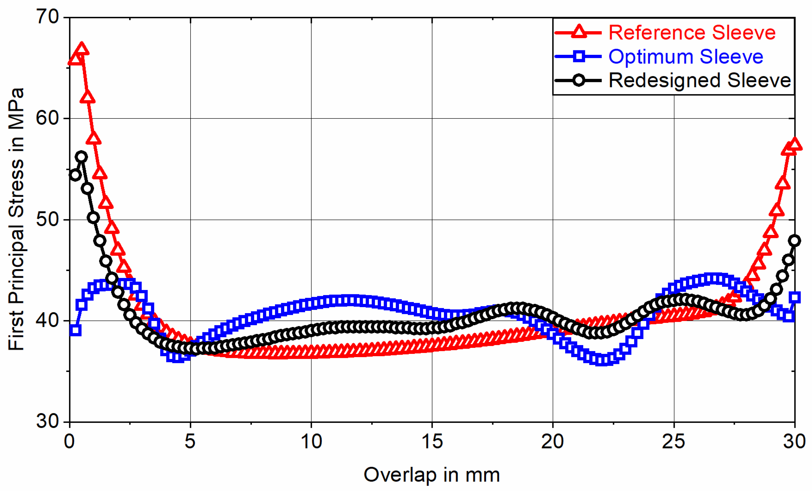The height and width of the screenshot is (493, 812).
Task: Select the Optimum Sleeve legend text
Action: click(686, 56)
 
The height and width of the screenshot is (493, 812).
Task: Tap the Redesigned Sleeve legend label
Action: click(699, 80)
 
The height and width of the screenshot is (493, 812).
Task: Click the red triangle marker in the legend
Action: click(579, 32)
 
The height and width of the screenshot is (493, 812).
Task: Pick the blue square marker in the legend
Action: click(579, 56)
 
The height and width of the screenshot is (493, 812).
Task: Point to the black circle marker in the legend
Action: click(579, 80)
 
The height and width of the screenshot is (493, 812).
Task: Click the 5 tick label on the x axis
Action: click(190, 441)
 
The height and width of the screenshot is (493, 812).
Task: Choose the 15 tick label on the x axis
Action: click(432, 441)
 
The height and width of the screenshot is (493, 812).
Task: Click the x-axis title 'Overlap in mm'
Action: click(432, 475)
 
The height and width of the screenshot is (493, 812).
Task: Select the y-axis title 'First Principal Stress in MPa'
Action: click(17, 219)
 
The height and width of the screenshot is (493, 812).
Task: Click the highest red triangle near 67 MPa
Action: click(82, 49)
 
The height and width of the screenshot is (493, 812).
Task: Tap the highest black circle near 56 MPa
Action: click(81, 157)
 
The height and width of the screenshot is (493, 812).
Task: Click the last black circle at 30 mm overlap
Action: click(795, 241)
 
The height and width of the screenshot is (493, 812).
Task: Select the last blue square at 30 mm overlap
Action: click(795, 297)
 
